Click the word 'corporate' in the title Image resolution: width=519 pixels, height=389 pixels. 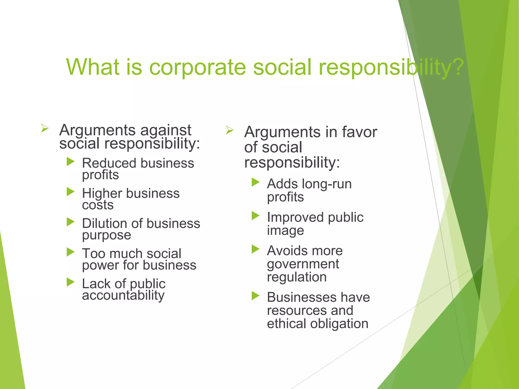pos(197,67)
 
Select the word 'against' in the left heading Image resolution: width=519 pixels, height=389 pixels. pos(166,130)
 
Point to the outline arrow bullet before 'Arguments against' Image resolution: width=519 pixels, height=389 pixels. pos(45,128)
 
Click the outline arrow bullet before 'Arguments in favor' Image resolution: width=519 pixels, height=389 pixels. pos(230,130)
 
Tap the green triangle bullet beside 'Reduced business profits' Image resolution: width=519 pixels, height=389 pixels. pos(70,162)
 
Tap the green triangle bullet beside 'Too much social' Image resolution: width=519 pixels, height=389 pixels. pos(70,252)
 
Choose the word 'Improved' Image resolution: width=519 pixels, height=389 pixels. pos(295,217)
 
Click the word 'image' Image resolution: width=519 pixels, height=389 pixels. pos(285,231)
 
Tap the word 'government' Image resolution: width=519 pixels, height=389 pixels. pos(303,264)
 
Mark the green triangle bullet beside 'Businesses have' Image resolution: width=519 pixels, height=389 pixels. pos(255,296)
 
